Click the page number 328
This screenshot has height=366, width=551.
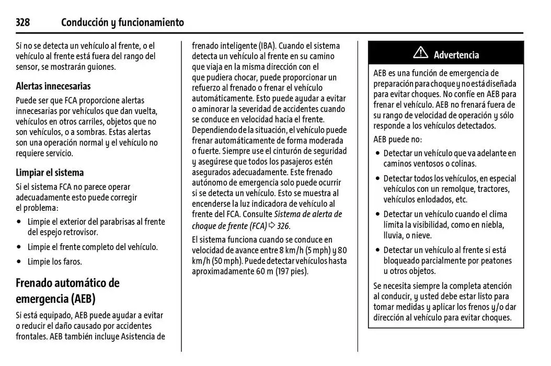click(22, 22)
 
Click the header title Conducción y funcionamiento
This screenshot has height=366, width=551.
click(122, 22)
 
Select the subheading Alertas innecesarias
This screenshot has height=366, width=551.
click(53, 86)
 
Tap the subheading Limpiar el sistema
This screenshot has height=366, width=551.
click(50, 173)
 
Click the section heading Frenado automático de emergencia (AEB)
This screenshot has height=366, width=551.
click(67, 291)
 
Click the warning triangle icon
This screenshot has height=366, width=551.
click(420, 53)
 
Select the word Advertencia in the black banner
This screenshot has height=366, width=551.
click(456, 55)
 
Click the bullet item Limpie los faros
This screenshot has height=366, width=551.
click(54, 261)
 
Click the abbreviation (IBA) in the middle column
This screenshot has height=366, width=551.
click(266, 46)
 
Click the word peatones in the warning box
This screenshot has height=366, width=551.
click(495, 260)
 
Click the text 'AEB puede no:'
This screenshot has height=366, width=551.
click(397, 140)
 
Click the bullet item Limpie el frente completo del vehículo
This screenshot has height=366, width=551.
click(92, 247)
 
